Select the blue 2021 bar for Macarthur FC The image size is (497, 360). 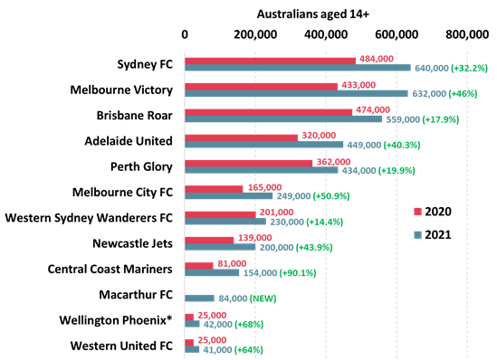click(x=201, y=296)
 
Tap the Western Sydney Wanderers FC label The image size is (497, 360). click(x=89, y=218)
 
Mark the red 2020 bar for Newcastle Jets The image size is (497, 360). click(x=209, y=240)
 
